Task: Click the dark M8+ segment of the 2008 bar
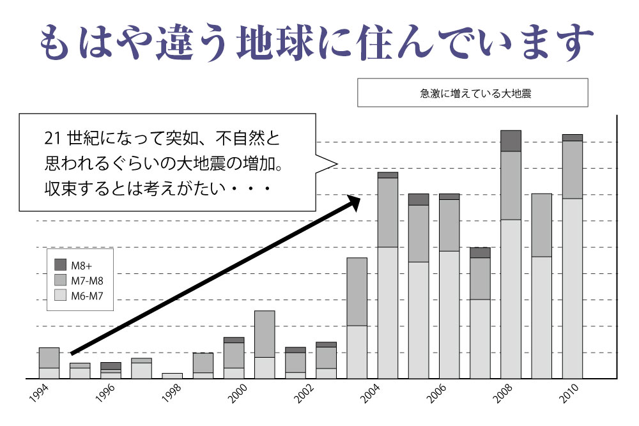pyautogui.click(x=511, y=141)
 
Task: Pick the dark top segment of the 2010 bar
pyautogui.click(x=572, y=137)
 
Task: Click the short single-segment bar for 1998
pyautogui.click(x=172, y=376)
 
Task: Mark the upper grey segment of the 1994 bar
pyautogui.click(x=49, y=358)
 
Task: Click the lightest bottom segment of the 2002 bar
pyautogui.click(x=295, y=375)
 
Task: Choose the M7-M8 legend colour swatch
pyautogui.click(x=60, y=280)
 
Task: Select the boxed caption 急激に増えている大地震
pyautogui.click(x=472, y=93)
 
